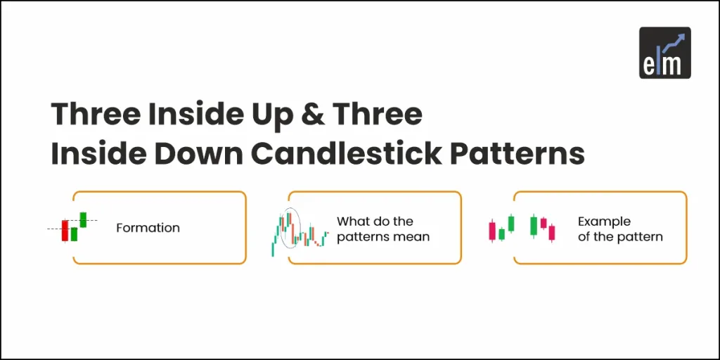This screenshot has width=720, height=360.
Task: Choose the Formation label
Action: tap(148, 228)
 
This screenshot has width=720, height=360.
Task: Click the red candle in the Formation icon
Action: tap(65, 231)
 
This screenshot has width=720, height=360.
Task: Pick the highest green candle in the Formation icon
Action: tap(83, 219)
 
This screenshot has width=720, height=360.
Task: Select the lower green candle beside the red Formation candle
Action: tap(74, 234)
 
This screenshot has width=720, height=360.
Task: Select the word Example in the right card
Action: tap(604, 221)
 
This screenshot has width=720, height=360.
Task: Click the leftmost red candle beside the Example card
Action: tap(492, 229)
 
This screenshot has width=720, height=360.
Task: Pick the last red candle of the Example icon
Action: tap(552, 232)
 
